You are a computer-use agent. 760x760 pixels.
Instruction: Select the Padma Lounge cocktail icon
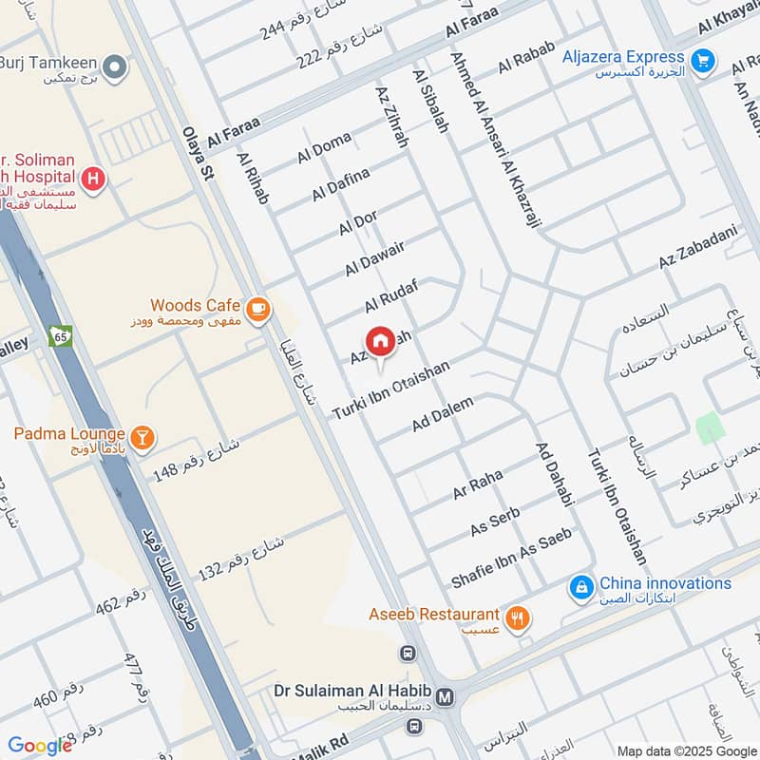coord(142,437)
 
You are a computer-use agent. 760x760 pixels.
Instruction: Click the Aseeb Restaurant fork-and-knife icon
coord(518,619)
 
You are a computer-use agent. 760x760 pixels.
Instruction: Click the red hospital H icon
coord(93,179)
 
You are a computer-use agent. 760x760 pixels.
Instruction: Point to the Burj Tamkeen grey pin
coord(115,67)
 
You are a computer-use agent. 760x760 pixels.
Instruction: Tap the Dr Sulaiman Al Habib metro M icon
coord(446,697)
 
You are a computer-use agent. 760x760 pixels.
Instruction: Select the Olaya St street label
coord(195,151)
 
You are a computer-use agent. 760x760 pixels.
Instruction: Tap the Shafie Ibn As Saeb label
coord(510,559)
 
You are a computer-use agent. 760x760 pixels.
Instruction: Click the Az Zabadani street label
coord(697,247)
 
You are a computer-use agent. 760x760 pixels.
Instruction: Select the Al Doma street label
coord(324,148)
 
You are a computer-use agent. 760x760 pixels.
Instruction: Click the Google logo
coord(40,746)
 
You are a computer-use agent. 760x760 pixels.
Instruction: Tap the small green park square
coord(711,429)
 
